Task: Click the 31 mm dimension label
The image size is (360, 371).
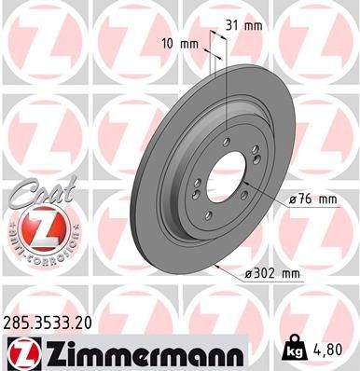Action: (x=244, y=25)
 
